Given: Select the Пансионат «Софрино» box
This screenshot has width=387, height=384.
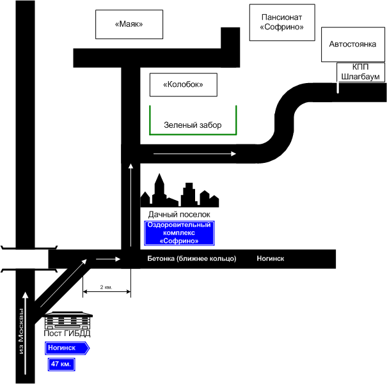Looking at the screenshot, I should [281, 22].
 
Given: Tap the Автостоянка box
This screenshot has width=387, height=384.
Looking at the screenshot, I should [352, 44].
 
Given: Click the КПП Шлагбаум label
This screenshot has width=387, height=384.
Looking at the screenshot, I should [361, 72].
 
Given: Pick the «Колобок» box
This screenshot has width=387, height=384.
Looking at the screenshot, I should [182, 84].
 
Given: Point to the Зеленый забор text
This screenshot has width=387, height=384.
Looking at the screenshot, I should [192, 125].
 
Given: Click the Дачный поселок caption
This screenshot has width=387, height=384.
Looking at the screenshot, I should [179, 214].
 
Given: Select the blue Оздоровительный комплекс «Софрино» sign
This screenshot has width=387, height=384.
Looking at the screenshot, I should [178, 233].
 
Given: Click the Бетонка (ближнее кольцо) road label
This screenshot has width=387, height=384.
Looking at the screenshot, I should [192, 259].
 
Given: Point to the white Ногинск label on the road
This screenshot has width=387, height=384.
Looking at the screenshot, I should [270, 259].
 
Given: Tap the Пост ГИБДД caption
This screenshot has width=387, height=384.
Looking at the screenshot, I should [67, 334].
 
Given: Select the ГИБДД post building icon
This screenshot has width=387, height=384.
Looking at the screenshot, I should [67, 319].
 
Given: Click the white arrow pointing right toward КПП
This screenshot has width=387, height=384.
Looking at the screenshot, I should [212, 154].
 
